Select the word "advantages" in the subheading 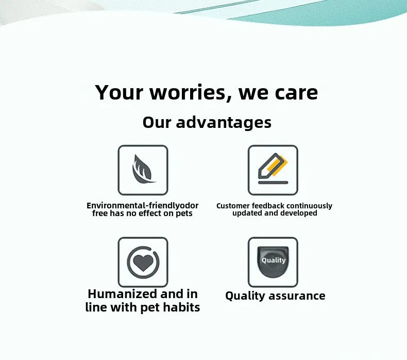[224, 122]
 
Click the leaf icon [143, 170]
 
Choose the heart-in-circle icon [143, 262]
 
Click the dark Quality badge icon [273, 262]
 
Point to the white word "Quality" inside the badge [273, 260]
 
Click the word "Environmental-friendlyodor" [142, 206]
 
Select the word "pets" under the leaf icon [184, 214]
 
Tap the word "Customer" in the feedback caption [233, 206]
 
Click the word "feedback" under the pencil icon [268, 206]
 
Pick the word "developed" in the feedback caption [299, 213]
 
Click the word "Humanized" [122, 294]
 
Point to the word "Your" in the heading [119, 93]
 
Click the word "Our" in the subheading [157, 122]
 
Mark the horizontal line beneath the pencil [273, 183]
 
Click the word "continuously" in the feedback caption [309, 206]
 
